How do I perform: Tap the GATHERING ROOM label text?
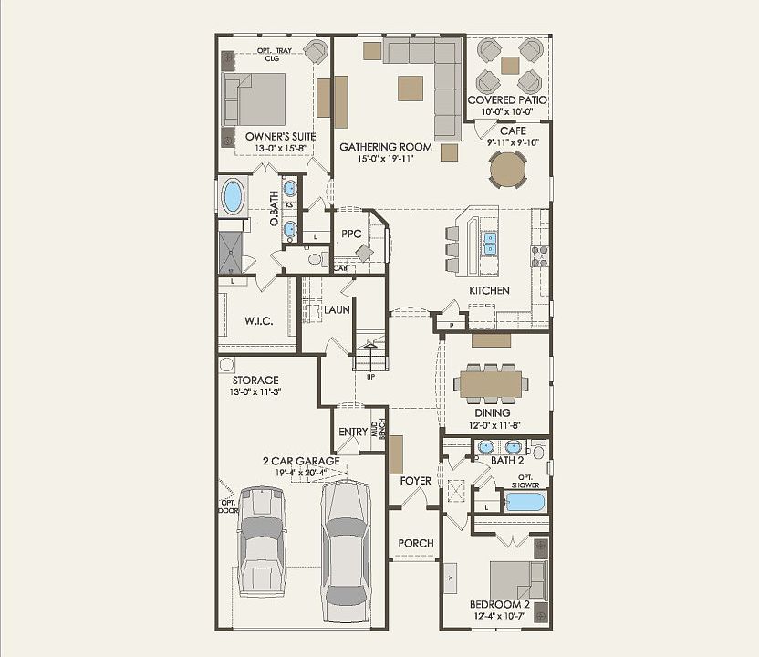click(x=386, y=147)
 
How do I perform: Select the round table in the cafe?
click(x=508, y=169)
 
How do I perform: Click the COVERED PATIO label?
click(x=507, y=99)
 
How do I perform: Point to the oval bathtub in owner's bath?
click(x=234, y=196)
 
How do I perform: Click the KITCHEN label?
click(x=489, y=290)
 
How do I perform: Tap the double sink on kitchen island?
click(x=490, y=243)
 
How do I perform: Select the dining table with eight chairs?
click(x=491, y=383)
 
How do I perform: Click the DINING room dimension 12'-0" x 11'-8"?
click(x=492, y=425)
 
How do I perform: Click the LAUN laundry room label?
click(x=338, y=310)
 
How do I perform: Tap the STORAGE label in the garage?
click(x=255, y=380)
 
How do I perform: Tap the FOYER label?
click(x=415, y=481)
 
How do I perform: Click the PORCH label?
click(x=416, y=543)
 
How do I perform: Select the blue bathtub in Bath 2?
click(x=524, y=501)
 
